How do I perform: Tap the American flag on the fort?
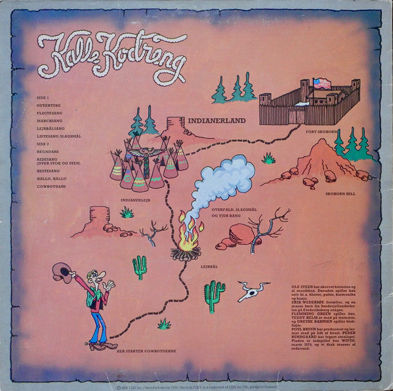(x=322, y=84)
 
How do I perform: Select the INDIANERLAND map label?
(x=217, y=121)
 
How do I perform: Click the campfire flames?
(x=188, y=233)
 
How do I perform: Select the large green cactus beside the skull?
(x=214, y=295)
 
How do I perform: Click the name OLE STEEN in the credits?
(x=306, y=269)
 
